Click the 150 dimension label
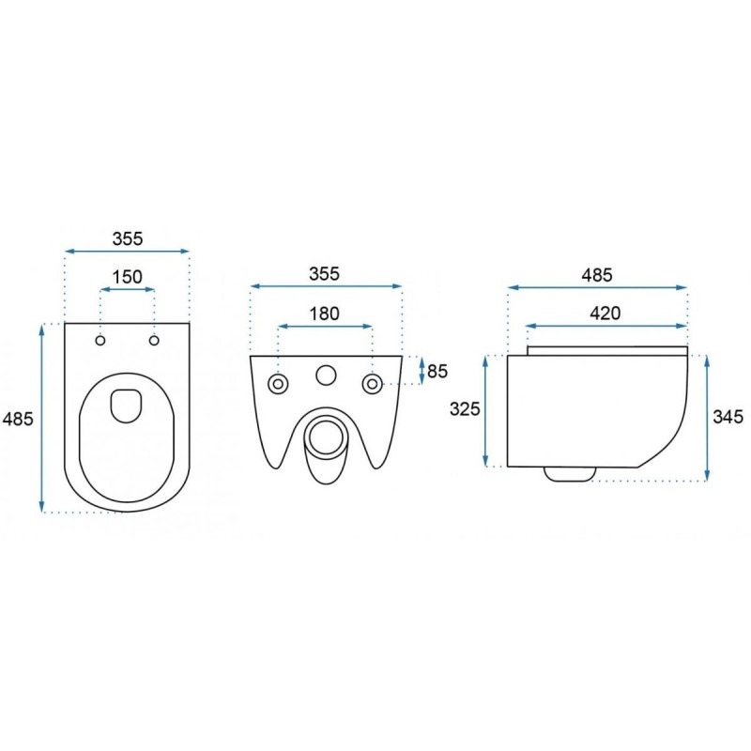click(x=128, y=277)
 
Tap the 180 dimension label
click(x=324, y=314)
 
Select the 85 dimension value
click(x=437, y=371)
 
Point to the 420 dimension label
click(x=605, y=314)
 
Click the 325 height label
click(x=465, y=409)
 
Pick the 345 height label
click(x=728, y=417)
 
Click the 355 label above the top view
click(x=128, y=238)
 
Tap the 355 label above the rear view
click(x=324, y=274)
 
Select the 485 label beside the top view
click(x=18, y=419)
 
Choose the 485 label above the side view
click(x=597, y=275)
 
